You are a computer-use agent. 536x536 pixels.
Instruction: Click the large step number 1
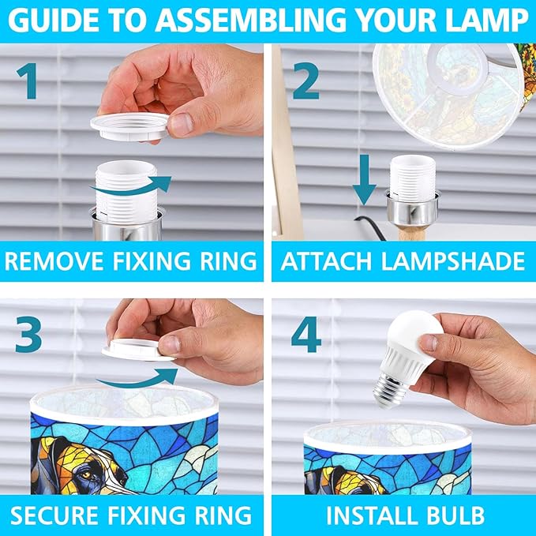tap(28, 81)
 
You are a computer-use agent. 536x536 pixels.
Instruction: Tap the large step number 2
tap(306, 81)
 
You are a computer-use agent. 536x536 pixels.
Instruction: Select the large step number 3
tap(28, 334)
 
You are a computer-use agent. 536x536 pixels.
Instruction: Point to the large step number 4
tap(306, 334)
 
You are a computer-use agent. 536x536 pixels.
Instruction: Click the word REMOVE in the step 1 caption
tap(54, 261)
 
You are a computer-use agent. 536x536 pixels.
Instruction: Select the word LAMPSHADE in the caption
tap(453, 261)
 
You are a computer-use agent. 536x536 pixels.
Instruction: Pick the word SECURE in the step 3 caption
tap(54, 515)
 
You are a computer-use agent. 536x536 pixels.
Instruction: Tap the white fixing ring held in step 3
tap(138, 350)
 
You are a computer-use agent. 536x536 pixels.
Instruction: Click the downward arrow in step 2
tap(365, 179)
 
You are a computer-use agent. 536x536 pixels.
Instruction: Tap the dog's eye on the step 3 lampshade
tap(87, 474)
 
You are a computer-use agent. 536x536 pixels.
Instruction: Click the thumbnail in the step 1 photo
tap(181, 125)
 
